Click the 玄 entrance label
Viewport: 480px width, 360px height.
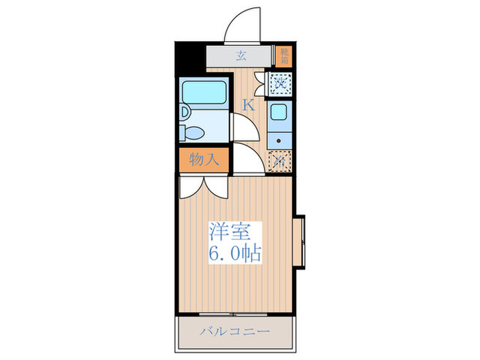click(x=241, y=56)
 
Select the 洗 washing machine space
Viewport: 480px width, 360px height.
click(x=280, y=84)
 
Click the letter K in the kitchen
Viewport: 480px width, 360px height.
click(x=248, y=105)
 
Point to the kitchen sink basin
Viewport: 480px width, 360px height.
click(x=279, y=114)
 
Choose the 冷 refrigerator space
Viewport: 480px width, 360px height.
click(x=280, y=161)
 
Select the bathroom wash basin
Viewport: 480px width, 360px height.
click(x=185, y=111)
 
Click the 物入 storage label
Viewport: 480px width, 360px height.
click(x=204, y=160)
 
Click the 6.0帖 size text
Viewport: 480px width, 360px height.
click(x=234, y=254)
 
